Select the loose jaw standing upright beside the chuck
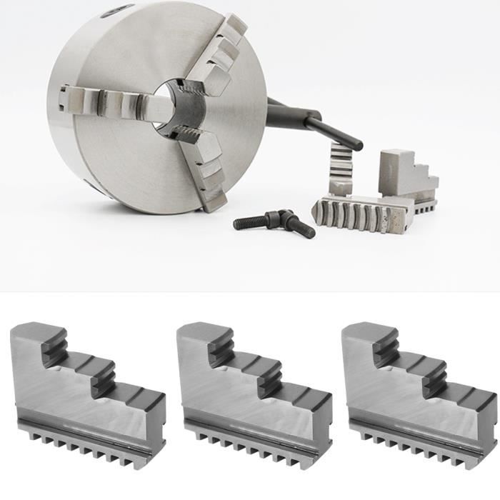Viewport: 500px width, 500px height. point(341,168)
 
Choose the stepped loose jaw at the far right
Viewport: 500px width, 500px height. point(407,175)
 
